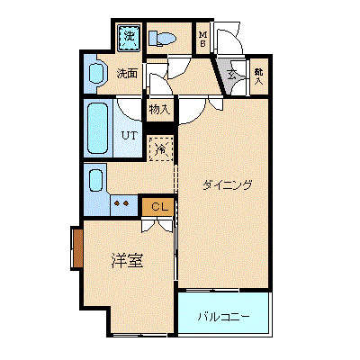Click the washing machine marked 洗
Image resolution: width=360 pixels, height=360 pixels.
click(129, 37)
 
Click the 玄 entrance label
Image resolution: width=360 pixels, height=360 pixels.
click(231, 76)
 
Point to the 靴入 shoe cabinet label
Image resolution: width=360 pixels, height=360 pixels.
click(259, 75)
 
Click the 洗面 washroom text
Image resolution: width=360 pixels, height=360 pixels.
click(127, 74)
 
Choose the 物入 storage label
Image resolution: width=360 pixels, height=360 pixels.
click(158, 110)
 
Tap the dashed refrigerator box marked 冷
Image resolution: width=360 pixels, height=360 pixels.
click(159, 148)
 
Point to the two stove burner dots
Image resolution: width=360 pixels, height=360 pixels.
click(120, 203)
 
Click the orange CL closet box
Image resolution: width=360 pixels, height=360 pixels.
click(157, 207)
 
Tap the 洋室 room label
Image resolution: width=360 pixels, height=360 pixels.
click(126, 260)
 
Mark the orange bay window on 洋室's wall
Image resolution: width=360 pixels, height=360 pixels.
click(76, 247)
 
